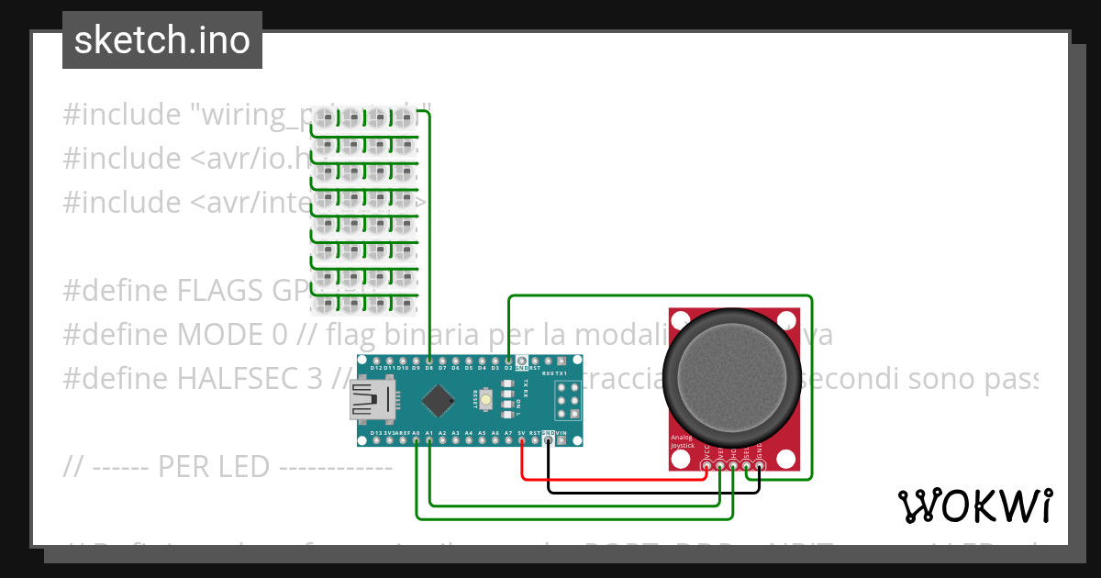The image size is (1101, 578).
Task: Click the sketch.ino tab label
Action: pos(161,40)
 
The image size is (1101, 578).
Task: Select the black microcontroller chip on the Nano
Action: pos(440,401)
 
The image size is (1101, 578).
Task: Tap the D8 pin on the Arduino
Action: pos(429,361)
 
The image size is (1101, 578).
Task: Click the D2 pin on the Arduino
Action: pos(508,361)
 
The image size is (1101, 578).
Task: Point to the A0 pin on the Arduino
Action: pos(417,440)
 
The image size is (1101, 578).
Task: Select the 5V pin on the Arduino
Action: pos(522,440)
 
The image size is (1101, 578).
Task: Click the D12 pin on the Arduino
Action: pos(376,361)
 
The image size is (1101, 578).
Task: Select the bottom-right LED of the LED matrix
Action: pos(405,303)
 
